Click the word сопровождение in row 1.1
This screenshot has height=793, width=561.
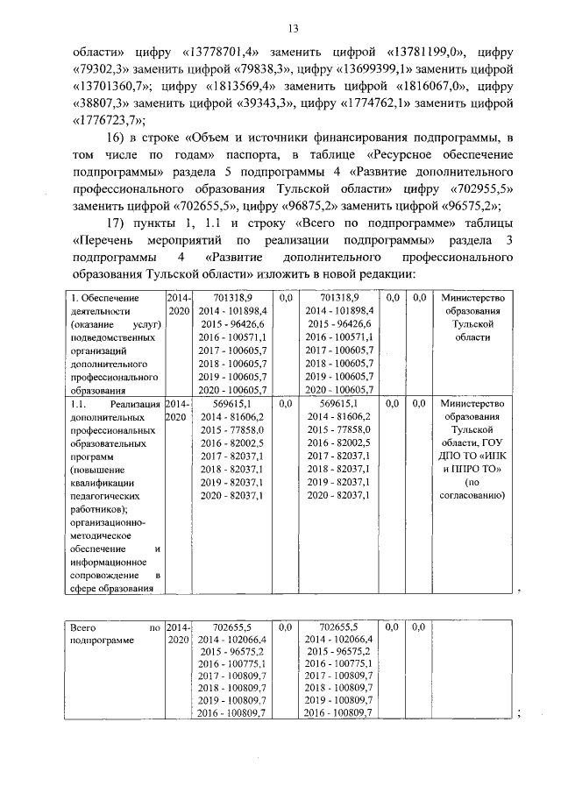[107, 575]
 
